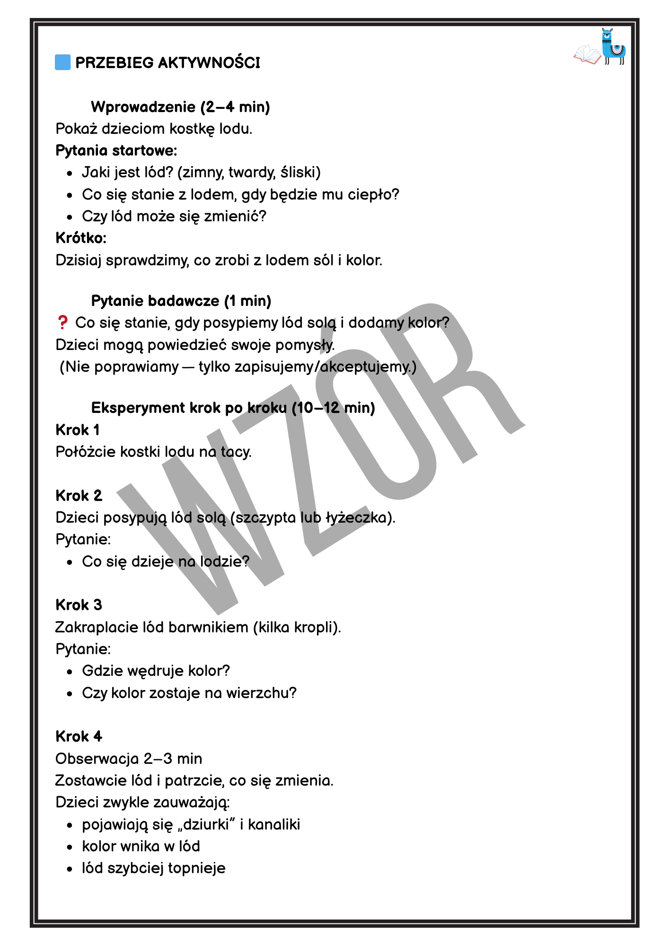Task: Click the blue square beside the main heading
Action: tap(63, 62)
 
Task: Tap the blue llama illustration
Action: tap(613, 46)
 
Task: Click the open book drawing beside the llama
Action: tap(587, 54)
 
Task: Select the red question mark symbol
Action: tap(62, 323)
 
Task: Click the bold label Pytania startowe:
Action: tap(116, 150)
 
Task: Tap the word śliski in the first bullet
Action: tap(300, 172)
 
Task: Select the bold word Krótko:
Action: tap(81, 238)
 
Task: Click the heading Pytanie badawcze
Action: tap(155, 301)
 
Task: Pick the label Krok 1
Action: tap(78, 430)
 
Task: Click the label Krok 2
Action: tap(79, 496)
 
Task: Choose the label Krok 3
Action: tap(79, 605)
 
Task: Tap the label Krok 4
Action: tap(79, 736)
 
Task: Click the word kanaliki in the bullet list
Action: tap(274, 824)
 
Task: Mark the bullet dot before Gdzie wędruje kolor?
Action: tap(70, 672)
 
